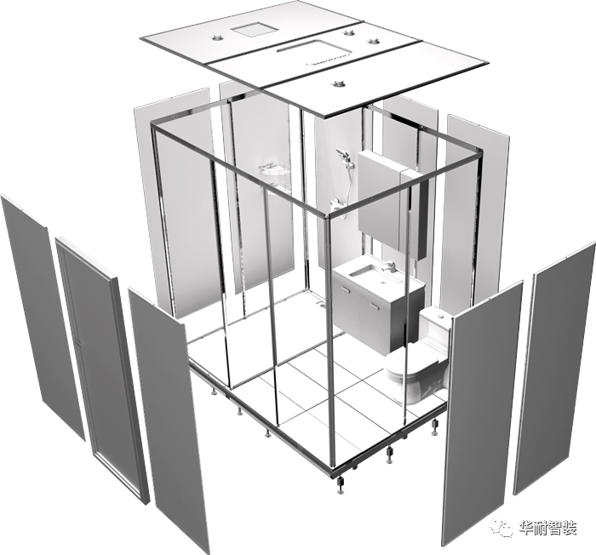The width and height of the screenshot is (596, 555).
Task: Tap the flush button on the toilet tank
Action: tap(441, 316)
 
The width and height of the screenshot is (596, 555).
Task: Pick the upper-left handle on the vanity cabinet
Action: tap(346, 289)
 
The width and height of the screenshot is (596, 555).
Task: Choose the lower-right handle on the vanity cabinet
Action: tap(375, 306)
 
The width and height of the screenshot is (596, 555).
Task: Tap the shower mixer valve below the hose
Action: tap(336, 206)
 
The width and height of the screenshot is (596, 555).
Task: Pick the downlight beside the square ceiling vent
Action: tap(217, 37)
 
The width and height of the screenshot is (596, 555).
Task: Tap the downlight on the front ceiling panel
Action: tap(336, 83)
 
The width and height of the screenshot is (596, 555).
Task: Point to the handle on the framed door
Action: tap(80, 343)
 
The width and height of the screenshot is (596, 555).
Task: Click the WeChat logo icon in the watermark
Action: tap(501, 528)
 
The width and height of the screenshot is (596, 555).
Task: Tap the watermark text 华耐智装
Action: tap(547, 528)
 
